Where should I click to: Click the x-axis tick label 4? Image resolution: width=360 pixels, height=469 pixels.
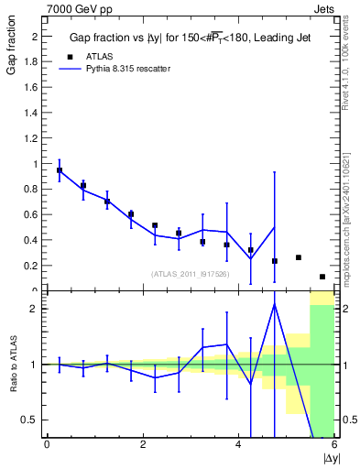click(x=238, y=445)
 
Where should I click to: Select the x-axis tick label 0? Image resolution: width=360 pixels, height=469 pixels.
click(x=47, y=445)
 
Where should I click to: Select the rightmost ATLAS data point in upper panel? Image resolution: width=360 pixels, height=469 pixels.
click(x=322, y=277)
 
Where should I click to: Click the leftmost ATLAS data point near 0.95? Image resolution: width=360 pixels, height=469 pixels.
click(x=60, y=170)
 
